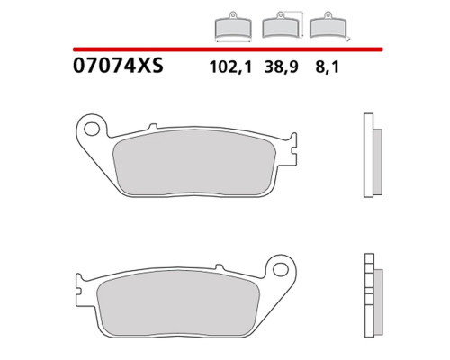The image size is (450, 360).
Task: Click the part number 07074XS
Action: (x=118, y=66)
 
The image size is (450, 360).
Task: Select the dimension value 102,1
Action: (x=230, y=67)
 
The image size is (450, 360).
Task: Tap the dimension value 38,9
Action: (x=282, y=67)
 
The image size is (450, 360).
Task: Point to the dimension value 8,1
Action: (x=327, y=67)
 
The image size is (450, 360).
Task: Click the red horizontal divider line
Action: (x=228, y=49)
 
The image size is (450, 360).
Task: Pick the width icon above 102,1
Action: (x=233, y=27)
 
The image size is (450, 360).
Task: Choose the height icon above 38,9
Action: (x=283, y=24)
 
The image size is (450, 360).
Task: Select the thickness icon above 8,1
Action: (x=329, y=26)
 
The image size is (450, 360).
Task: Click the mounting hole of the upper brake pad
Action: (x=92, y=129)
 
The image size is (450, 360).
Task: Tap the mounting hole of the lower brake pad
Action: (x=281, y=269)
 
